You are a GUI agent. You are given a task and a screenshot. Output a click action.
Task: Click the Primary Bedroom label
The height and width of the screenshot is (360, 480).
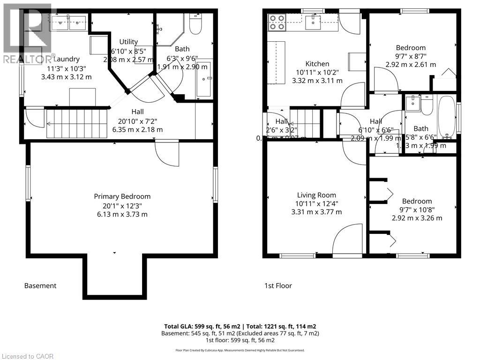(122, 196)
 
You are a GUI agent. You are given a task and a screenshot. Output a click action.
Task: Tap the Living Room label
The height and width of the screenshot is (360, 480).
(316, 195)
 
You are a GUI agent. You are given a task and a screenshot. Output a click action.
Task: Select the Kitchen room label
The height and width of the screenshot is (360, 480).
(317, 64)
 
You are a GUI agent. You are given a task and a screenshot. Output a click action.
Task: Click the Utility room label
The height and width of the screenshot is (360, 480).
(128, 42)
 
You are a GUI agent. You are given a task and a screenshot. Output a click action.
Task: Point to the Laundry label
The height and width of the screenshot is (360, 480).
(66, 59)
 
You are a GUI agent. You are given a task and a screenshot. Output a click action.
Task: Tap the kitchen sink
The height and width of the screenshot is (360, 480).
(311, 21)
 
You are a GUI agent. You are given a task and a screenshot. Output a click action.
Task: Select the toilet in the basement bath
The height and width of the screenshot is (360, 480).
(195, 23)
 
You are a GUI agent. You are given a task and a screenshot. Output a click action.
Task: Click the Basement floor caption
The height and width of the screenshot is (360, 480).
(40, 285)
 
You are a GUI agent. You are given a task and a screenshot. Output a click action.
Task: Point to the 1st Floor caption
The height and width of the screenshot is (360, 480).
(278, 285)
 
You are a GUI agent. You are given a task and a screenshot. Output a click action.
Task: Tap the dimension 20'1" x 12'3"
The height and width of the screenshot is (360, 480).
(122, 205)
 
